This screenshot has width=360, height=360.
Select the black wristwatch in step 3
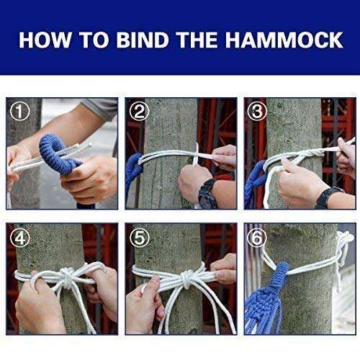[328, 196]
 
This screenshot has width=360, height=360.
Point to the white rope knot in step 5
[186, 276]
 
